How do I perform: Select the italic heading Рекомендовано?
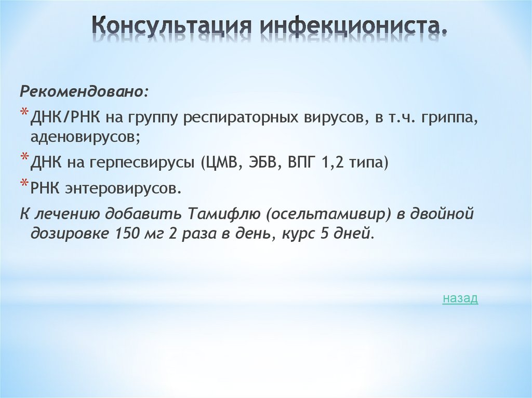[84, 92]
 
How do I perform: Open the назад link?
[460, 298]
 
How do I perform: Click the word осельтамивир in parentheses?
[300, 213]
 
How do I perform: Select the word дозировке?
[69, 234]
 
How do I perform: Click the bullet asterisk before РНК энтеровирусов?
[24, 184]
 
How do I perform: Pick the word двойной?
[442, 213]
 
